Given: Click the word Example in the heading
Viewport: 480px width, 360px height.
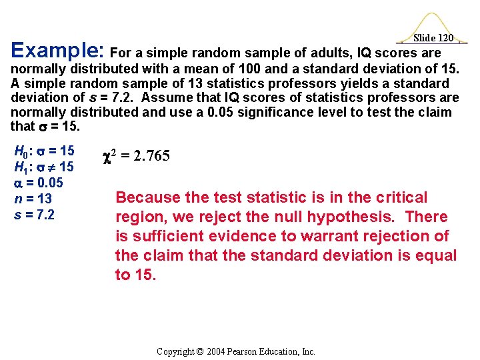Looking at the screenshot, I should (x=56, y=51).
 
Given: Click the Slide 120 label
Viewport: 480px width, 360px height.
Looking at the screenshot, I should (x=433, y=38).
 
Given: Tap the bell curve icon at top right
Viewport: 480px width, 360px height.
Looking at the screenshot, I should (x=434, y=23).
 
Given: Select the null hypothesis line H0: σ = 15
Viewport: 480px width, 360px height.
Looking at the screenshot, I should (x=44, y=151).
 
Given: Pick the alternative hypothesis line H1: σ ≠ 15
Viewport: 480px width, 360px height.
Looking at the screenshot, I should (x=44, y=167).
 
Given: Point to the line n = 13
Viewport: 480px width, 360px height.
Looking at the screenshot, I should (x=33, y=199).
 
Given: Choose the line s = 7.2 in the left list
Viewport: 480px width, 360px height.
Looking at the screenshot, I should (x=34, y=215).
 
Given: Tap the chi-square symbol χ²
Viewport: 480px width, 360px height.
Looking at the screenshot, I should (x=110, y=155).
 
